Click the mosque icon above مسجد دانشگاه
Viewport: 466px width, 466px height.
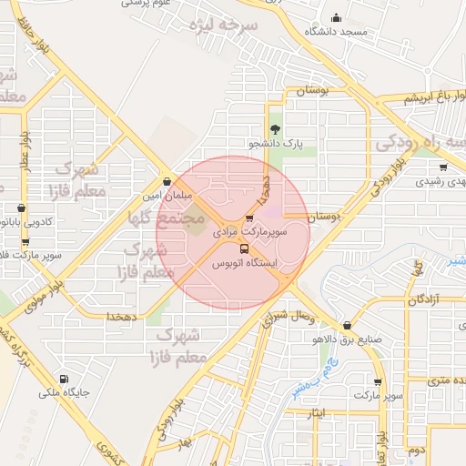point(336,18)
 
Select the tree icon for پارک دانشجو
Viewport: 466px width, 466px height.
point(274,128)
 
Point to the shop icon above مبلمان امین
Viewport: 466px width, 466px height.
point(166,180)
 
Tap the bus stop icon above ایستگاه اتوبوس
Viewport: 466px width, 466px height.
point(244,248)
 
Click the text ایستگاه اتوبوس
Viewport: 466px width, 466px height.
point(243,264)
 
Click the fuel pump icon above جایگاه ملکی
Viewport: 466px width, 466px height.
point(62,380)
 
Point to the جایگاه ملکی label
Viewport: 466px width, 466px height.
point(62,394)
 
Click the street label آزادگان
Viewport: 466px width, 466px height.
point(423,299)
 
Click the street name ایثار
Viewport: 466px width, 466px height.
point(317,415)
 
